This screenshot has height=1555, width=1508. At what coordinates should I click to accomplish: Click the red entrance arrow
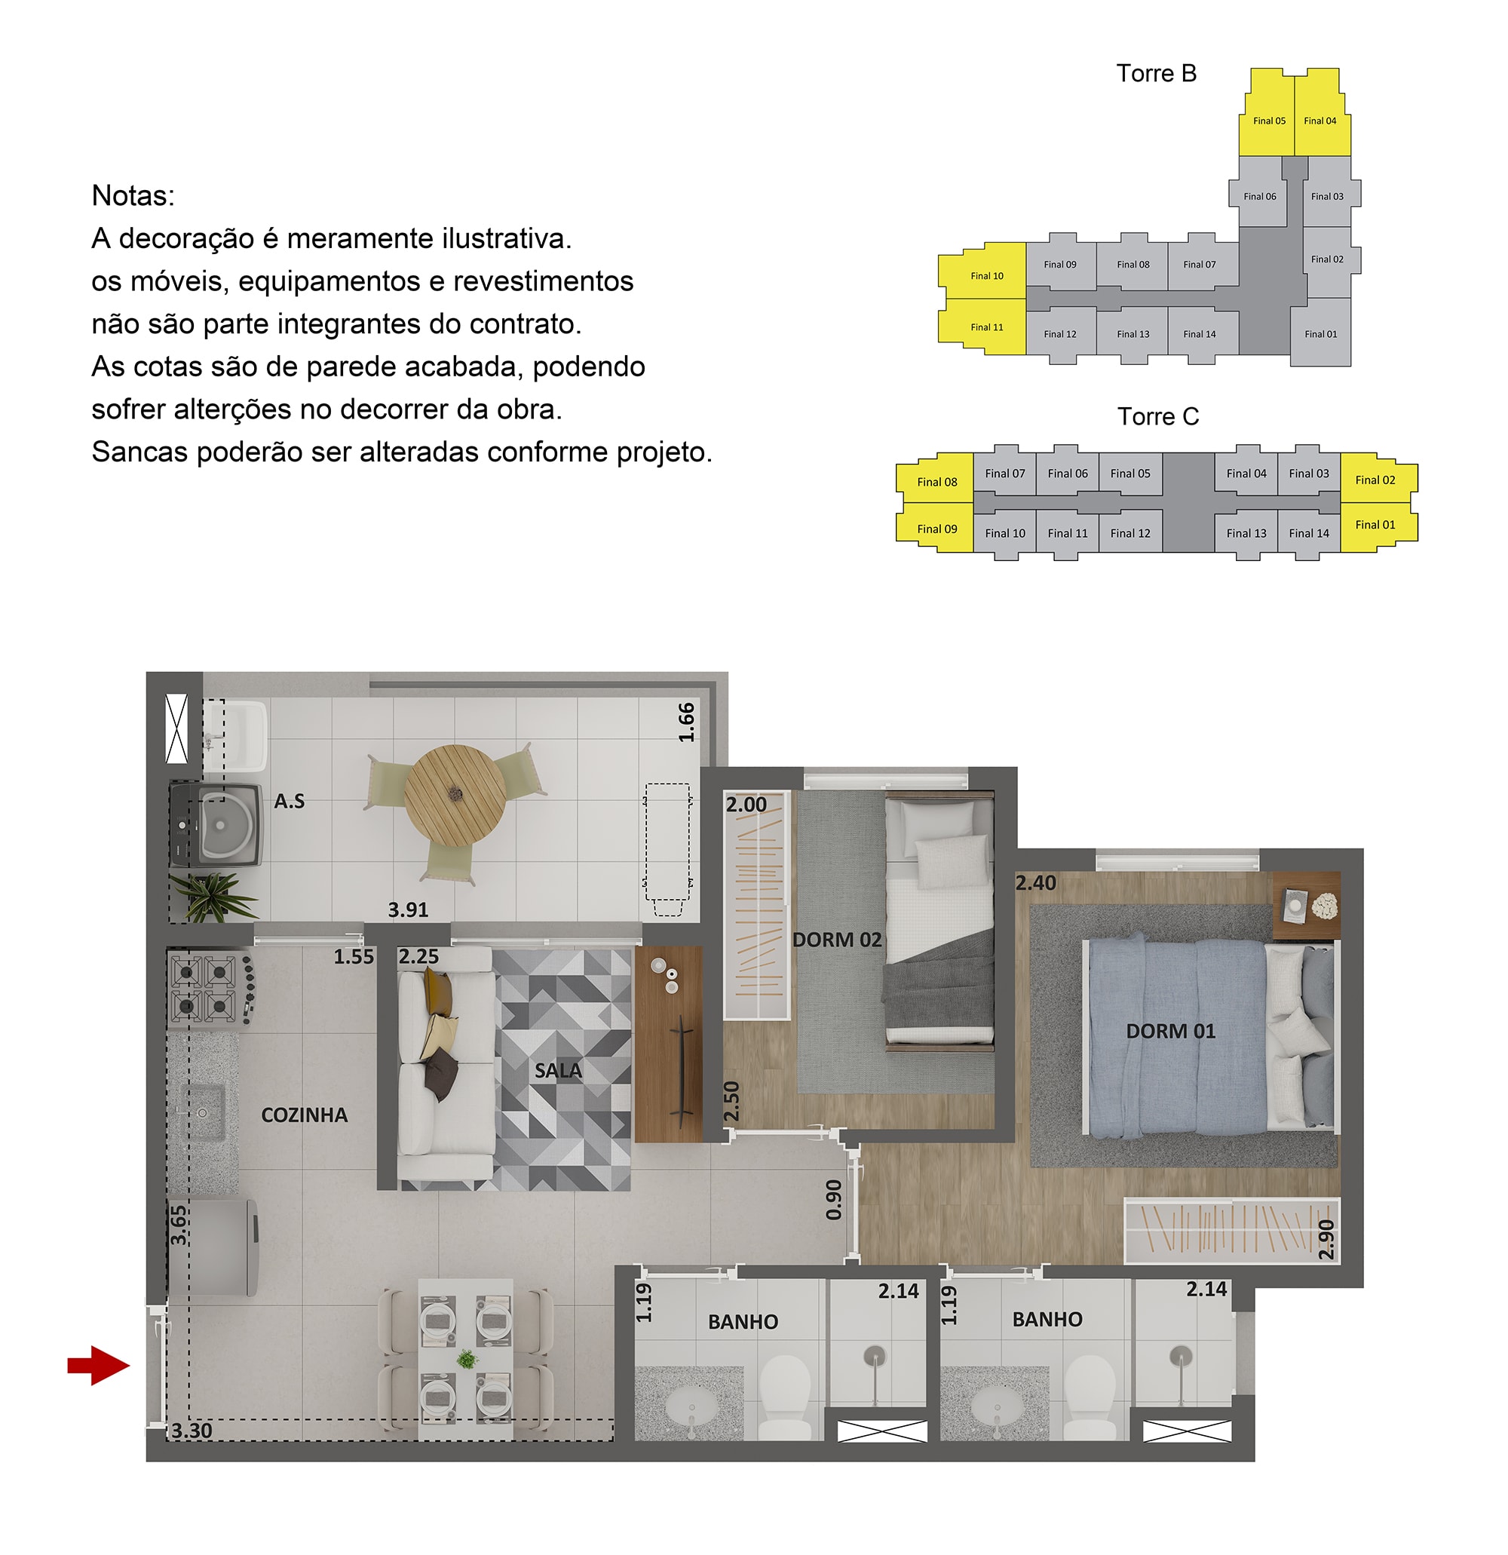[98, 1365]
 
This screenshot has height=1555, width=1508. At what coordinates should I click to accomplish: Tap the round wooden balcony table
[455, 795]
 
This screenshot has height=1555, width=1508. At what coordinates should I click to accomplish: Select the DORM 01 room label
[1170, 1031]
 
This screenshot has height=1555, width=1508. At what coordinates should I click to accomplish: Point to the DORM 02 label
[837, 940]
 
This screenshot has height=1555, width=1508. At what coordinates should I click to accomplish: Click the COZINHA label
[305, 1115]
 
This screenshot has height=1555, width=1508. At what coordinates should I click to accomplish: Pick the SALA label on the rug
[558, 1070]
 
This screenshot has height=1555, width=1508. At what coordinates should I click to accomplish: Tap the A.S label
[289, 802]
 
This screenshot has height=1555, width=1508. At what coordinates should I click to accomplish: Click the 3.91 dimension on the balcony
[408, 910]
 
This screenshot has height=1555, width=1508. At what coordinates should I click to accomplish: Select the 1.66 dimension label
[686, 722]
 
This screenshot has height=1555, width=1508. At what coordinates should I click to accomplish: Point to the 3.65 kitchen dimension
[179, 1225]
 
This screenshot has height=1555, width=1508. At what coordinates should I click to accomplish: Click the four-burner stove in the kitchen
[211, 989]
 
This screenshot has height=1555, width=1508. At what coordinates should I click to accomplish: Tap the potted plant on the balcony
[212, 897]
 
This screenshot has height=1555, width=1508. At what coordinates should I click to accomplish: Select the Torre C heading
[1157, 416]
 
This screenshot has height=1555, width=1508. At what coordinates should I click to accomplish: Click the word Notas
[133, 195]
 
